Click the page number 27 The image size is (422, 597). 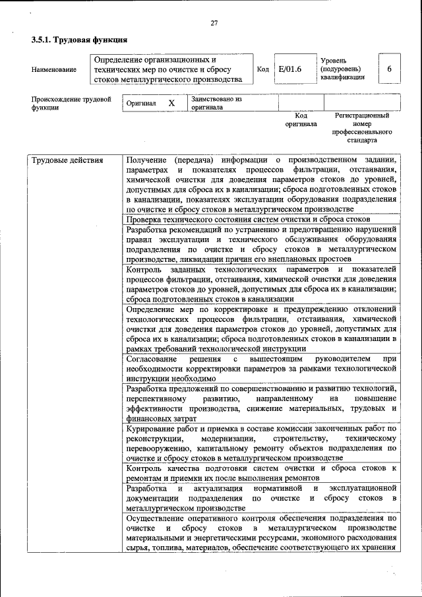click(x=214, y=24)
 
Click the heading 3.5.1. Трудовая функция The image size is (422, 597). click(x=78, y=41)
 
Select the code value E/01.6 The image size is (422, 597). click(x=290, y=69)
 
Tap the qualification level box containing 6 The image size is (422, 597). click(x=389, y=69)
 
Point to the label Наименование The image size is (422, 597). click(x=53, y=69)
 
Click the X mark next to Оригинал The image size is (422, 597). click(x=171, y=104)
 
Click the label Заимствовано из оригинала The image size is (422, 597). click(x=216, y=103)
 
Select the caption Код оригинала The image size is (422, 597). click(x=301, y=119)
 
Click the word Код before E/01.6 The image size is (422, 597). click(x=262, y=69)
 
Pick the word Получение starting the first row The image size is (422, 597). click(x=144, y=160)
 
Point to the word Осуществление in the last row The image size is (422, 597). click(x=154, y=518)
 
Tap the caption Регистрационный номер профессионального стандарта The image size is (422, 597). click(x=362, y=128)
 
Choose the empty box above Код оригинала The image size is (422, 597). click(x=301, y=102)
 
